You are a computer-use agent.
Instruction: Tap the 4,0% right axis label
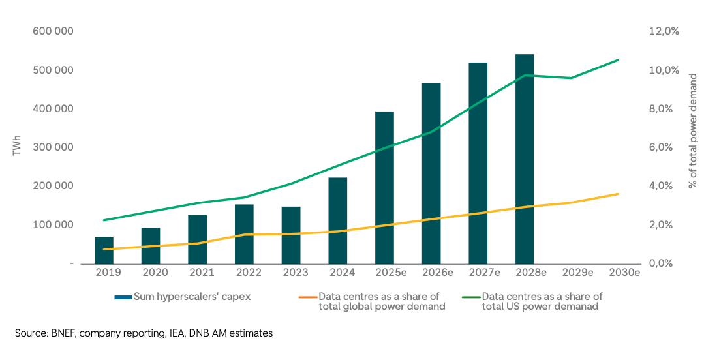point(662,186)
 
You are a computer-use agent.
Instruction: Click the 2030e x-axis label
point(624,273)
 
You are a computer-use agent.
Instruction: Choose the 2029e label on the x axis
point(577,273)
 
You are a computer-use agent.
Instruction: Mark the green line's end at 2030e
point(619,60)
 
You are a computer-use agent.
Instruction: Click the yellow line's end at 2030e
point(619,194)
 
